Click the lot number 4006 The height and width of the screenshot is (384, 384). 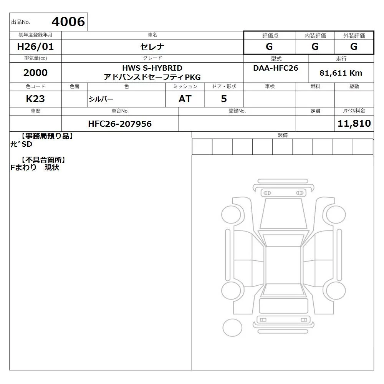[x=68, y=22]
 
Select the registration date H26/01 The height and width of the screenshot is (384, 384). [x=35, y=47]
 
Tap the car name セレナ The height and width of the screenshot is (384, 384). [x=152, y=47]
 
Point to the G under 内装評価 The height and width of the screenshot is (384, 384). [x=315, y=46]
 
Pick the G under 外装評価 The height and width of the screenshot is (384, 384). [x=354, y=46]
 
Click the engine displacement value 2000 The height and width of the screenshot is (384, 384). [x=35, y=73]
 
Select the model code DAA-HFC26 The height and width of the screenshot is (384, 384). [x=276, y=68]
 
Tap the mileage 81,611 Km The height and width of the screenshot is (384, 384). [x=341, y=73]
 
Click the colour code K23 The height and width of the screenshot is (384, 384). [x=35, y=99]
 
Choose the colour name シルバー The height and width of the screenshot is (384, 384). [x=101, y=99]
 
